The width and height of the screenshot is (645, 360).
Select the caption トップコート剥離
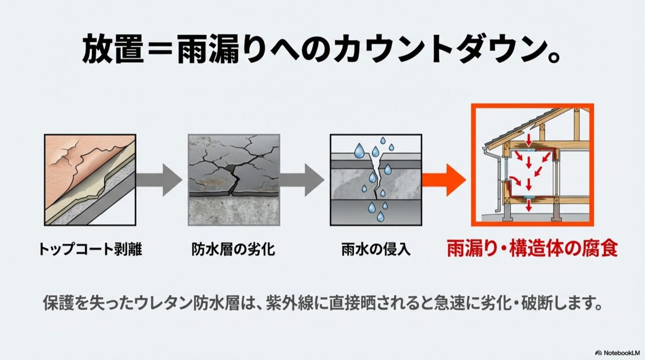90,249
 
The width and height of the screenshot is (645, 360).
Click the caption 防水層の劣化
233,249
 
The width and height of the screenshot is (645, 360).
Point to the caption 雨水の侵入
376,249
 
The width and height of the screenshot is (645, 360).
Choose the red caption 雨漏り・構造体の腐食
533,249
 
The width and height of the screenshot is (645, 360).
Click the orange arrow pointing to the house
444,181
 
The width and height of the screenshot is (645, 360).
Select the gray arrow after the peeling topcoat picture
159,181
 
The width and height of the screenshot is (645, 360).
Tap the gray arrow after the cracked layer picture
302,181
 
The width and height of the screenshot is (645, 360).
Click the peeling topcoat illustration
90,180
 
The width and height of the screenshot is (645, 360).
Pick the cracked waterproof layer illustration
234,180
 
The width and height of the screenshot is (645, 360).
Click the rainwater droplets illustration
376,180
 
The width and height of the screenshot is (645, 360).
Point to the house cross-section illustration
533,165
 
